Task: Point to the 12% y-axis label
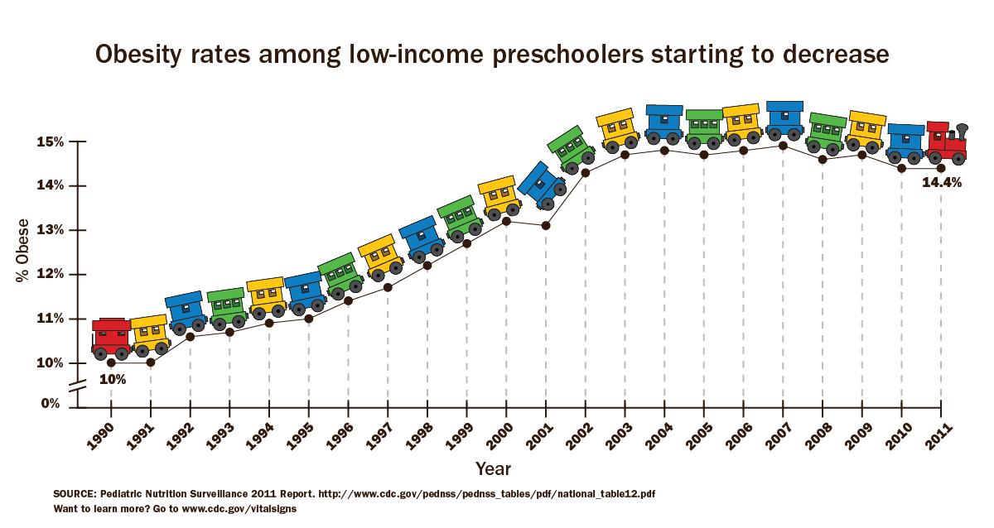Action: coord(51,274)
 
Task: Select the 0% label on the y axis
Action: coord(50,404)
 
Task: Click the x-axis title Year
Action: coord(494,469)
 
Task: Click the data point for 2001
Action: coord(546,225)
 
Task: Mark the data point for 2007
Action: coord(783,146)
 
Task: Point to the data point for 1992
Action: coord(191,336)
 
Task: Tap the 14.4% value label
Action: coord(942,184)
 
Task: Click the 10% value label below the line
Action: coord(112,380)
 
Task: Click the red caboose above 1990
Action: coord(111,338)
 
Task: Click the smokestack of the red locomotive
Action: coord(962,132)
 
